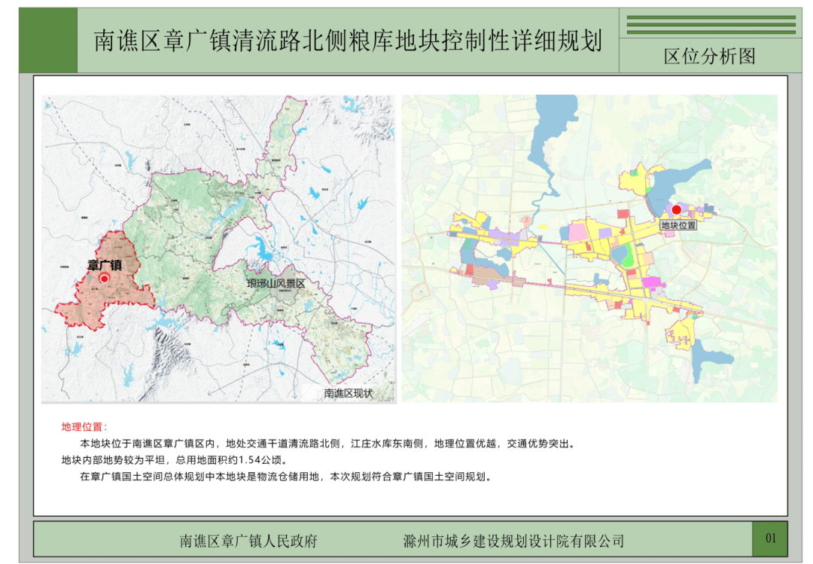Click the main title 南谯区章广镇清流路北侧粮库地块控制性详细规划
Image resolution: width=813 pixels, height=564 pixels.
(x=348, y=41)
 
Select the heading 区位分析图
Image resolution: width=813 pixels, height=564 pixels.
(x=709, y=56)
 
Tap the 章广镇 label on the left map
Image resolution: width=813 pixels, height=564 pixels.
(x=105, y=265)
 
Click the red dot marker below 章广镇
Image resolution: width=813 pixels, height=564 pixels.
(x=105, y=278)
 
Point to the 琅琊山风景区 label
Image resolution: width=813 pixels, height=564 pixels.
(x=276, y=284)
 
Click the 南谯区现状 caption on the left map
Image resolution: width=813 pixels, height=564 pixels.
(x=348, y=393)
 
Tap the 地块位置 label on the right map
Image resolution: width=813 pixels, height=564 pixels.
(x=678, y=224)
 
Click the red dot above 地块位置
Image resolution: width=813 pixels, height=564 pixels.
(x=676, y=210)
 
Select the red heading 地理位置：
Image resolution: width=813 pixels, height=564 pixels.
(x=84, y=427)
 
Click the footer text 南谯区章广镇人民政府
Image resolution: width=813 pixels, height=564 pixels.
(x=248, y=541)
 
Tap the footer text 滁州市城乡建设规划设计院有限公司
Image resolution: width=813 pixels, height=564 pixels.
(x=513, y=541)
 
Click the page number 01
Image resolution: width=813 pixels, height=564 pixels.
(x=770, y=538)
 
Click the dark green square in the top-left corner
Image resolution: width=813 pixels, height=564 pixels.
(x=48, y=41)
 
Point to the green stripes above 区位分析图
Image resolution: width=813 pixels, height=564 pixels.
(x=711, y=25)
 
